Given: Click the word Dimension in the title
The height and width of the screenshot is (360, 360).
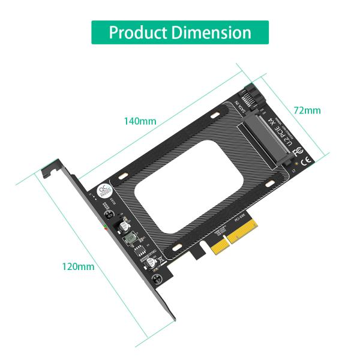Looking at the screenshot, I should click(x=211, y=32).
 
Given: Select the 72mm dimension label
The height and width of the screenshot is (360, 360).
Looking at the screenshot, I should click(x=307, y=110).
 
